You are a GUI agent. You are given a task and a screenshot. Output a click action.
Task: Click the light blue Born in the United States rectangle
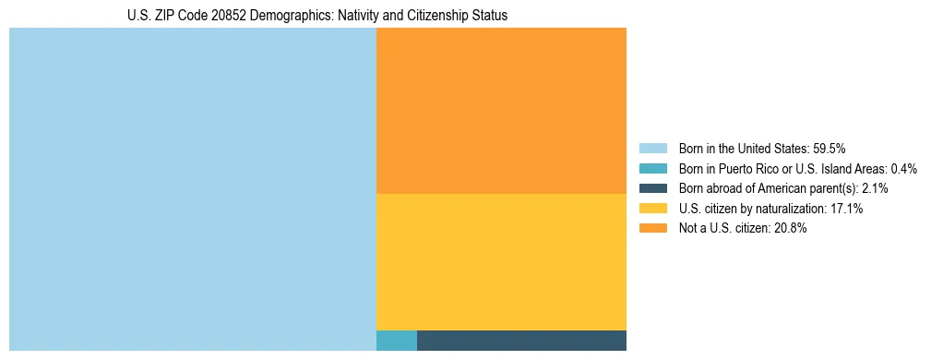tap(192, 189)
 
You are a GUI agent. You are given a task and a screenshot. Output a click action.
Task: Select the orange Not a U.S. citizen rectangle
tap(501, 111)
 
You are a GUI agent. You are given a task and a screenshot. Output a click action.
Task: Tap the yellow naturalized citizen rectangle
tap(501, 261)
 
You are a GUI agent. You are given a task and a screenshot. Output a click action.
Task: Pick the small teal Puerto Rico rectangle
tap(397, 341)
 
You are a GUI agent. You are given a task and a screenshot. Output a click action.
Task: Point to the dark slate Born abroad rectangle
tap(521, 341)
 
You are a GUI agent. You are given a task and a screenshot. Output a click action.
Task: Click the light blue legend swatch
tap(652, 149)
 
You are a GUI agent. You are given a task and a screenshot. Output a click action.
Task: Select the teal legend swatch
tap(652, 169)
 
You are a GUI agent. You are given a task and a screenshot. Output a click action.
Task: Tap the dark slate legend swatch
tap(652, 188)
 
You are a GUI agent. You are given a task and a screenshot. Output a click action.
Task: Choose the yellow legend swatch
tap(652, 209)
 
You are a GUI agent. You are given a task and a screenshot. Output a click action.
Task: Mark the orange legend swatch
tap(652, 229)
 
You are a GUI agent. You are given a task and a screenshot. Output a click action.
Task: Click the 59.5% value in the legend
tap(830, 149)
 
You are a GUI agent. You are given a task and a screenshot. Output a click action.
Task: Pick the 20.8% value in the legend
tap(791, 229)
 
